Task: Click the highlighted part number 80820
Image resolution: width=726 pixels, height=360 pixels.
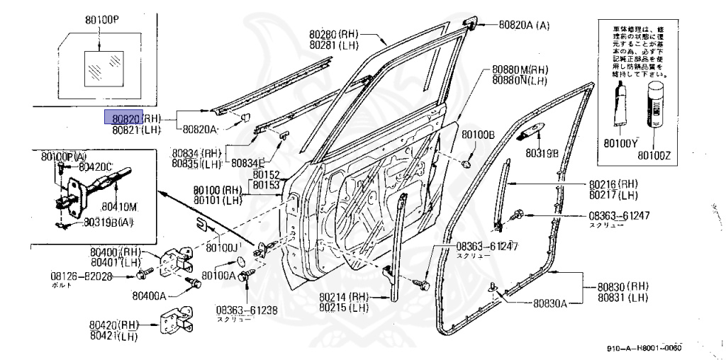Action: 124,117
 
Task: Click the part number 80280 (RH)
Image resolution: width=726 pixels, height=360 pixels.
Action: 335,34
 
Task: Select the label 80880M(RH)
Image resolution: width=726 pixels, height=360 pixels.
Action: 520,70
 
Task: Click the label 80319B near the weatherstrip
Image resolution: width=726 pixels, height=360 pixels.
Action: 542,152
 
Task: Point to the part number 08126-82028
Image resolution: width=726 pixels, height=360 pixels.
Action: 82,276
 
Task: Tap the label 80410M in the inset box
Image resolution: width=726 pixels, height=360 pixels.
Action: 118,207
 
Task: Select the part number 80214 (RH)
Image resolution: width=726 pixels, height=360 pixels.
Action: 344,298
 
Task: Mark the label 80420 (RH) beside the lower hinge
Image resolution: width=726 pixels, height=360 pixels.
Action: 114,325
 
